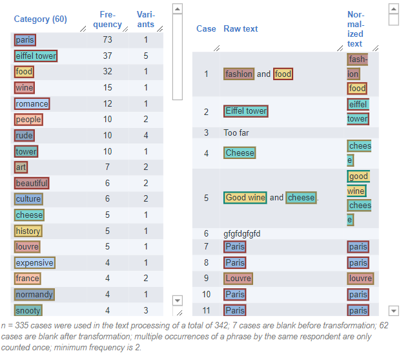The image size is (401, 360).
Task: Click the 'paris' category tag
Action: [25, 40]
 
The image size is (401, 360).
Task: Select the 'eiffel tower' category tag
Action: [36, 56]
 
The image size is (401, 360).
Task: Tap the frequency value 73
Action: [107, 40]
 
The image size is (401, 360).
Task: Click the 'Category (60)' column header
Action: [41, 19]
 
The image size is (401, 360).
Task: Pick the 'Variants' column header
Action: [146, 19]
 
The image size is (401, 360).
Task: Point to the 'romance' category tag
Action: [32, 103]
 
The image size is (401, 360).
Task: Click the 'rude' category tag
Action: [25, 136]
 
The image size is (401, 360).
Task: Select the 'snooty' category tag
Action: [28, 310]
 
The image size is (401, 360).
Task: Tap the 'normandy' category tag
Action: [34, 295]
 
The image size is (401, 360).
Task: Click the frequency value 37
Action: [107, 56]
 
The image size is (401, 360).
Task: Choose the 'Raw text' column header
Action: [241, 29]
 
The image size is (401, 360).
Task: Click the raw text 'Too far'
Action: [236, 132]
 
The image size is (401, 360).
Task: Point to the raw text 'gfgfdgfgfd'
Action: [242, 233]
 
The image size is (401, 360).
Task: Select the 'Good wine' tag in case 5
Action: [245, 198]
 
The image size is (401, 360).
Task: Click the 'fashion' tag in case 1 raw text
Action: [239, 74]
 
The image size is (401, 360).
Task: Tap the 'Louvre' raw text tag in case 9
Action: [238, 279]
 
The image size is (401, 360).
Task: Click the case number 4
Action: [207, 153]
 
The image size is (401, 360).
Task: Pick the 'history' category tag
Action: [28, 231]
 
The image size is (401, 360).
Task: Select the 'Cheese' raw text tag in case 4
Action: [240, 153]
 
